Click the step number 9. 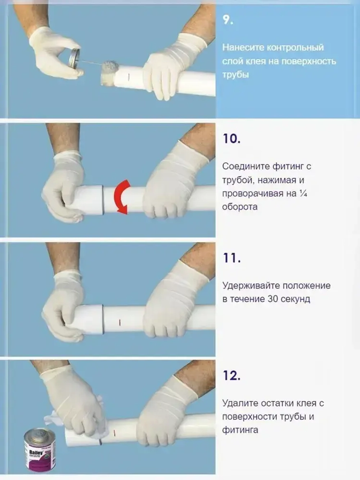point(228,20)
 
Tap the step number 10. point(231,139)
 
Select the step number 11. point(231,258)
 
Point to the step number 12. point(231,376)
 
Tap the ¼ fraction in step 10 point(303,193)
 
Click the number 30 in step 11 point(273,299)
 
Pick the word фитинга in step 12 point(240,430)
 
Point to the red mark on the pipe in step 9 point(129,76)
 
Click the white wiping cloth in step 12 point(54,420)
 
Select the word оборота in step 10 point(239,207)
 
